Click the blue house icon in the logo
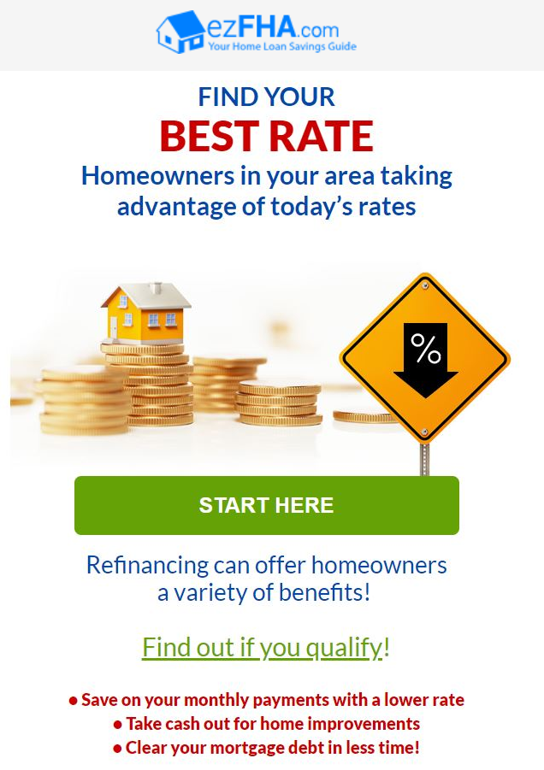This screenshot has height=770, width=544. [180, 32]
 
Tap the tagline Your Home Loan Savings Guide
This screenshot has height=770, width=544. [282, 47]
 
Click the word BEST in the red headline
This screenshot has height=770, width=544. [210, 136]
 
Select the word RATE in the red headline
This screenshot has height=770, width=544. [322, 136]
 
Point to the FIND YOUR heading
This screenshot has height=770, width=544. [266, 97]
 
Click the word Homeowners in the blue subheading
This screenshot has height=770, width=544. [157, 176]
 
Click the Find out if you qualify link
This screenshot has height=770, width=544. [266, 648]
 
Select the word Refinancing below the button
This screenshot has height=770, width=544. [147, 566]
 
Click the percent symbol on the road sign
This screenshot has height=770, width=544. [426, 348]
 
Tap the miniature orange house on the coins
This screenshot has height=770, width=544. [145, 314]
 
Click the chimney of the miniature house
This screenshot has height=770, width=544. [156, 287]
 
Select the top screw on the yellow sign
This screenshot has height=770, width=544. [425, 285]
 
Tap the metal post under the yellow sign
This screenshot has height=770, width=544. [425, 459]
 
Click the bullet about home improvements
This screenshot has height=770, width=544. [266, 724]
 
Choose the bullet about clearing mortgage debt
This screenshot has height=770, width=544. [266, 748]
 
